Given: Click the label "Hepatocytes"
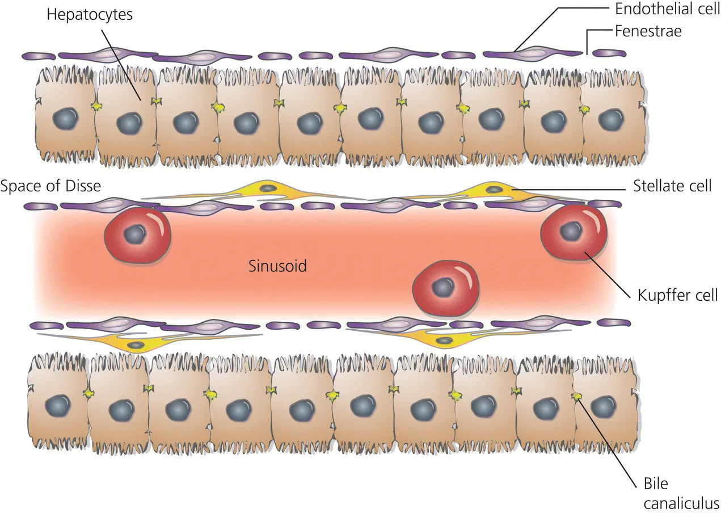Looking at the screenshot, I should pos(90,15).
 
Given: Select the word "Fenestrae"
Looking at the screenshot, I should pos(648,31).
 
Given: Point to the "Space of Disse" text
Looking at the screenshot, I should pos(50,186).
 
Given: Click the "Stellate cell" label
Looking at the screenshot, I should pos(672,186).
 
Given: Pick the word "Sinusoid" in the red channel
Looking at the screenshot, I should pos(277,266).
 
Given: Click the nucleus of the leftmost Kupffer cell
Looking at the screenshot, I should pos(135,233).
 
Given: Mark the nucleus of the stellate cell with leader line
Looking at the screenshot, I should pos(494,190).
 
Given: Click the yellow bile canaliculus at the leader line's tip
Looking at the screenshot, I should pos(577,396).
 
